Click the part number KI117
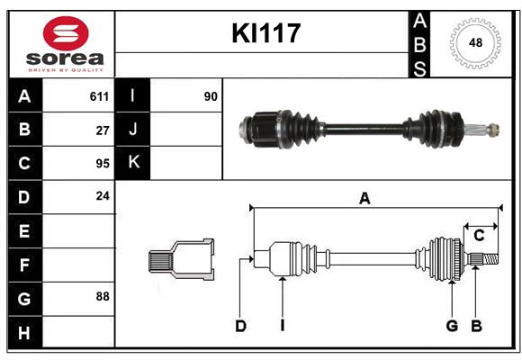pyautogui.click(x=265, y=34)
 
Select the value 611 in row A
pyautogui.click(x=99, y=96)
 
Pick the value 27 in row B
pyautogui.click(x=102, y=130)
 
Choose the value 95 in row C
pyautogui.click(x=102, y=163)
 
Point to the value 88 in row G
pyautogui.click(x=102, y=296)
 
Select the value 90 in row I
pyautogui.click(x=211, y=96)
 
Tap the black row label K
pyautogui.click(x=133, y=163)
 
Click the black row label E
pyautogui.click(x=24, y=230)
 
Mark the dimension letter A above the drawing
pyautogui.click(x=364, y=199)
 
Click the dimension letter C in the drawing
pyautogui.click(x=480, y=236)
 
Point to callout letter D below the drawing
pyautogui.click(x=240, y=326)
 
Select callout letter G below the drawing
pyautogui.click(x=452, y=326)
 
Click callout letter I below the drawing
pyautogui.click(x=282, y=326)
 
